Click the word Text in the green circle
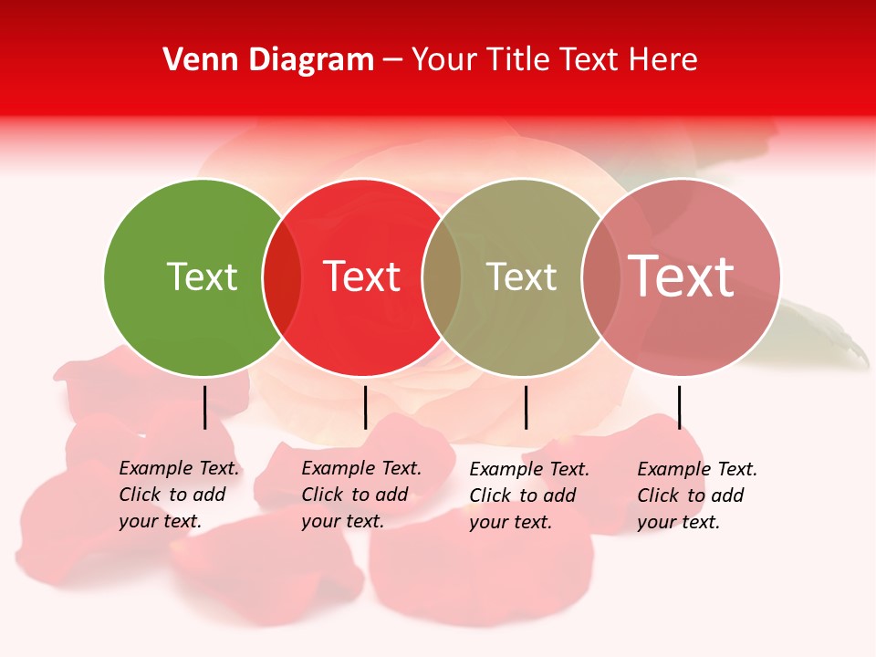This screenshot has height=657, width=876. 202,276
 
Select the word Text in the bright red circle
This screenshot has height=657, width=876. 361,276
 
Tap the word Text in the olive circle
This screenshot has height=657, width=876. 521,276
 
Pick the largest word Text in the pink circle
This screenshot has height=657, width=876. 682,276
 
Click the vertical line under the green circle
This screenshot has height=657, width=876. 205,407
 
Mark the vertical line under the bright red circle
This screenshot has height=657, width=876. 365,407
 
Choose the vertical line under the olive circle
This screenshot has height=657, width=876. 526,407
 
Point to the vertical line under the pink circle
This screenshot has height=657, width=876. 679,407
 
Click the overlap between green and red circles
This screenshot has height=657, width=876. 282,277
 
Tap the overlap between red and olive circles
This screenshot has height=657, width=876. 442,277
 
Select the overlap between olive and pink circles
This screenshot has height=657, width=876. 600,277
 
